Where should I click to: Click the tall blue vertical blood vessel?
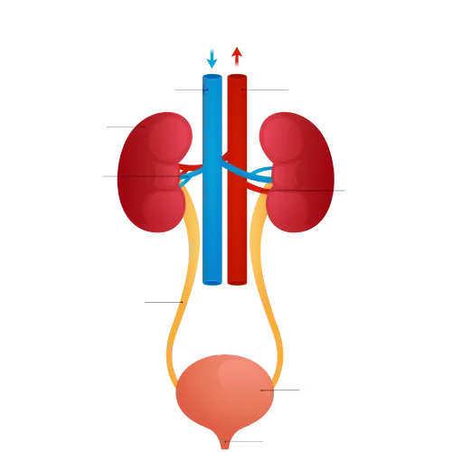pyautogui.click(x=212, y=181)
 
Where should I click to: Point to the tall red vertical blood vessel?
pyautogui.click(x=238, y=181)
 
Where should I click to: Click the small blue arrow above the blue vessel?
pyautogui.click(x=212, y=60)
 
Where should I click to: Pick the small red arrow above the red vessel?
pyautogui.click(x=238, y=60)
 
